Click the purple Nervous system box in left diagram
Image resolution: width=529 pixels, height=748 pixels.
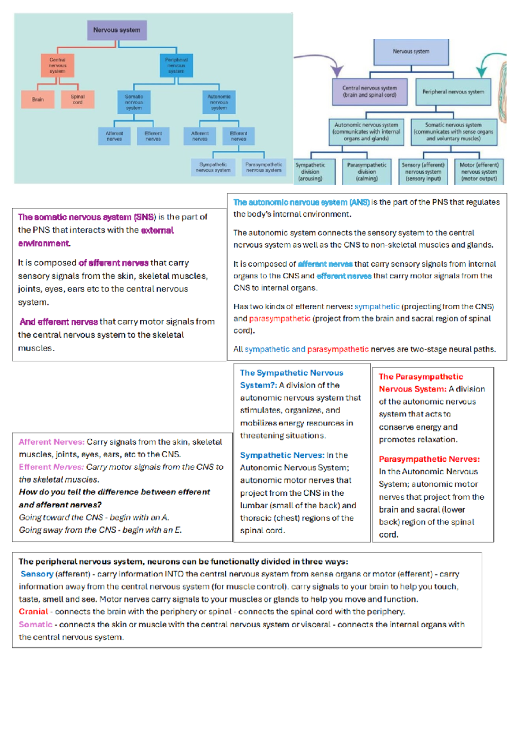click(117, 30)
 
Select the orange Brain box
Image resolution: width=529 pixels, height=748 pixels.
click(38, 100)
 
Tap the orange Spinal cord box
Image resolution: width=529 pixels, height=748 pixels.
click(78, 100)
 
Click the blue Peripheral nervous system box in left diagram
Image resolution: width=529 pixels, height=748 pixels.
click(176, 65)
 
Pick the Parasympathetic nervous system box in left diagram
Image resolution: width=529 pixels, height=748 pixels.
click(264, 168)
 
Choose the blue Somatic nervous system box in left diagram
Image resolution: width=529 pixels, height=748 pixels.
click(134, 102)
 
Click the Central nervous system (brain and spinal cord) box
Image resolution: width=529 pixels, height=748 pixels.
click(369, 92)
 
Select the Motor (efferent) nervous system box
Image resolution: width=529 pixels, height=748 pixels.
click(479, 172)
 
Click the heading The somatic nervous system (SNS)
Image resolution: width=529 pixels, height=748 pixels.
click(87, 217)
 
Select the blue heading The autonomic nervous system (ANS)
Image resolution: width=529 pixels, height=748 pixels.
click(302, 202)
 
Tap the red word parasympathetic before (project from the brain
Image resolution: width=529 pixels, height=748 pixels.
click(280, 319)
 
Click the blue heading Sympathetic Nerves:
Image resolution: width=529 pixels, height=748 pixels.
click(282, 455)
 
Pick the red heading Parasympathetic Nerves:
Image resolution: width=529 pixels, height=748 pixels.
click(429, 459)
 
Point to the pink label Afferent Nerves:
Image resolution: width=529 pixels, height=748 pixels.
click(52, 442)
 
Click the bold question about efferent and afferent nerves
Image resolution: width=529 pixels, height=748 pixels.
click(114, 498)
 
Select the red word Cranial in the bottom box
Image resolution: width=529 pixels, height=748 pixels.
click(34, 612)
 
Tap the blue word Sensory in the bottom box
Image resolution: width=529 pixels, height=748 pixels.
click(37, 574)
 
